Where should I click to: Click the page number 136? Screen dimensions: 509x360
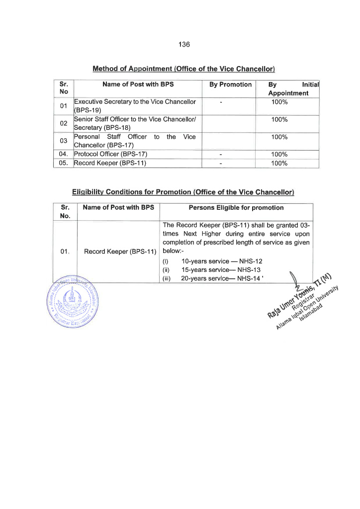(x=184, y=44)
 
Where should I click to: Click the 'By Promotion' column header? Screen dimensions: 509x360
(x=230, y=85)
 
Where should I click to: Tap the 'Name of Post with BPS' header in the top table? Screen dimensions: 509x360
(x=138, y=85)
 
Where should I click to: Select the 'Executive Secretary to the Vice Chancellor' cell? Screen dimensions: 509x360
(x=135, y=106)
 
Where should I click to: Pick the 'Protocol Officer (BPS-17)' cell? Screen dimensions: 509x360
(x=110, y=154)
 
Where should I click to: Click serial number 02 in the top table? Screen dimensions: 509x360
(x=63, y=124)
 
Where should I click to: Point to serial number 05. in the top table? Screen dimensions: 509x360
(x=64, y=163)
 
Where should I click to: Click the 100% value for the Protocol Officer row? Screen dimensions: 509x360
(x=279, y=154)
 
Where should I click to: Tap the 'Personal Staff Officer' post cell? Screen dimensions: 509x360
(x=135, y=141)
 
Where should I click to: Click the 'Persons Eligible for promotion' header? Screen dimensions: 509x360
(x=236, y=208)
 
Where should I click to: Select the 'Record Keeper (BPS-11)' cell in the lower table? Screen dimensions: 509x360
(x=120, y=252)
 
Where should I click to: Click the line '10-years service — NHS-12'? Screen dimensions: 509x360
(x=221, y=261)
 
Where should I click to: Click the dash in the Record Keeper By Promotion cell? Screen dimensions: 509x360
(x=221, y=163)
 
